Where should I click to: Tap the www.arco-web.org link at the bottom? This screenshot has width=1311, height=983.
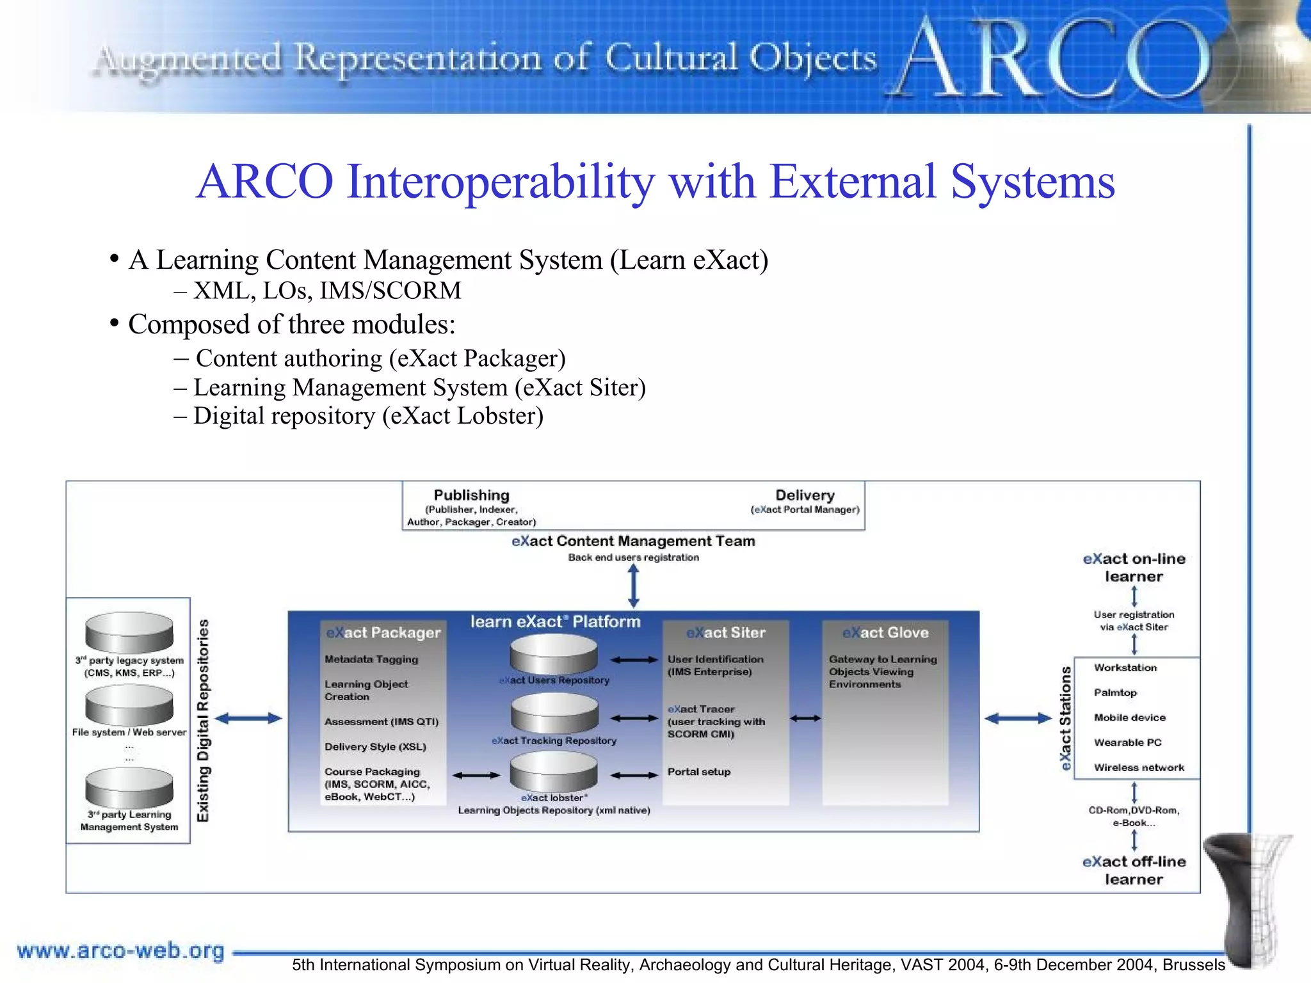[x=120, y=951]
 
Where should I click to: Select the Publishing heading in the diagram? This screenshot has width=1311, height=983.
[x=471, y=495]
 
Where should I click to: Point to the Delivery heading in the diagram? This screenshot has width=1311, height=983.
[x=805, y=495]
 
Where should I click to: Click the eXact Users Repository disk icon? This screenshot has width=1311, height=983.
[x=554, y=654]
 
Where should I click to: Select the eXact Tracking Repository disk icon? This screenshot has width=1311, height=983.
[x=554, y=713]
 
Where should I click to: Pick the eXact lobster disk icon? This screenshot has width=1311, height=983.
[x=554, y=771]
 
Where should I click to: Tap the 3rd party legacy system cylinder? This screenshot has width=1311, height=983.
[x=129, y=632]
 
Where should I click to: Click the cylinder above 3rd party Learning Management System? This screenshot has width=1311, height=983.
[x=129, y=787]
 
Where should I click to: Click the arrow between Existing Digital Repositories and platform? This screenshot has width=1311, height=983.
[x=248, y=719]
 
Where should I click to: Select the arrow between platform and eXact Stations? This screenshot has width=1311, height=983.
[x=1018, y=719]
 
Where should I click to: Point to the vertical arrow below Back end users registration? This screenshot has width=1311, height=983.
[x=633, y=586]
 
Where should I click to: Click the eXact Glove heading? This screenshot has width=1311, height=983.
[x=885, y=633]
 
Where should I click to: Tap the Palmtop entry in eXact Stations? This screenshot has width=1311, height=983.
[x=1115, y=692]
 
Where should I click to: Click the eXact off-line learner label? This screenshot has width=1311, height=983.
[x=1134, y=870]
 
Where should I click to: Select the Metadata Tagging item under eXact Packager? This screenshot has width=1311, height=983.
[x=371, y=659]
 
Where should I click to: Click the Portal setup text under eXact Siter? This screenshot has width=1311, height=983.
[x=699, y=772]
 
